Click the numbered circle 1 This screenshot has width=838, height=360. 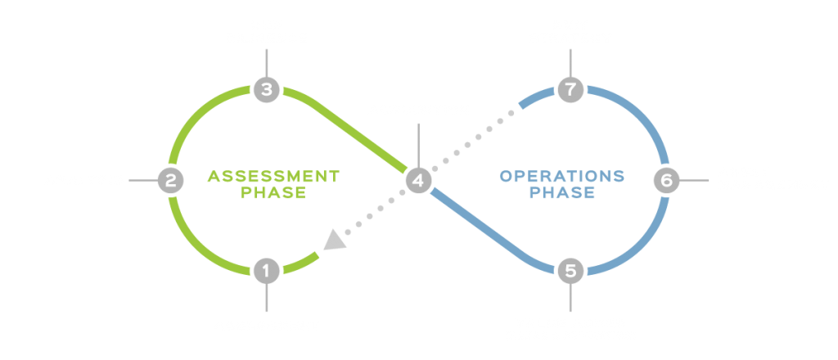[x=266, y=270]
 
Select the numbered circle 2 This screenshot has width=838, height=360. [x=169, y=180]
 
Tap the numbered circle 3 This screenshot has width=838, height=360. [x=266, y=88]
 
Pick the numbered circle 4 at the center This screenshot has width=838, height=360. [x=418, y=180]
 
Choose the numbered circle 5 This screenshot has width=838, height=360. [x=570, y=270]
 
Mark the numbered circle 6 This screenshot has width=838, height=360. [x=666, y=180]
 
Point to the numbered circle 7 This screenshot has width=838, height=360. [x=570, y=88]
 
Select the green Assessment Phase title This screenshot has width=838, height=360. [x=273, y=185]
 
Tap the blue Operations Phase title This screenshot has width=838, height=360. [x=561, y=185]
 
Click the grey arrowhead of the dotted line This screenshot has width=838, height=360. [x=335, y=240]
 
